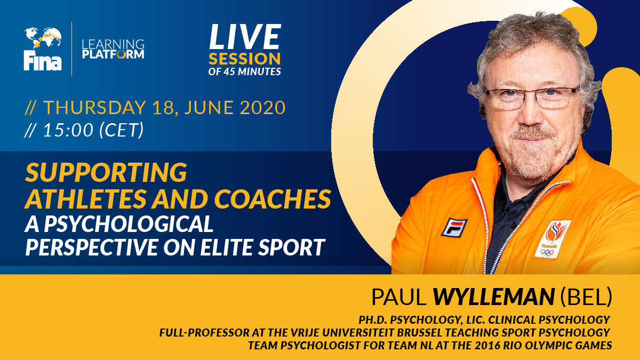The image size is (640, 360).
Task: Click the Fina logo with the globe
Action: coord(43,49)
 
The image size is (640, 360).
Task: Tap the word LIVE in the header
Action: coord(244,37)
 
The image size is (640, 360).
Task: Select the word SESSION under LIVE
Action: coord(244,58)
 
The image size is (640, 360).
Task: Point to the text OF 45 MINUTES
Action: coord(244,71)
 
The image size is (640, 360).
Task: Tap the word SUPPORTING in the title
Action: coord(106,173)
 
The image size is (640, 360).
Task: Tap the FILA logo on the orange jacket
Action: coord(454,227)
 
